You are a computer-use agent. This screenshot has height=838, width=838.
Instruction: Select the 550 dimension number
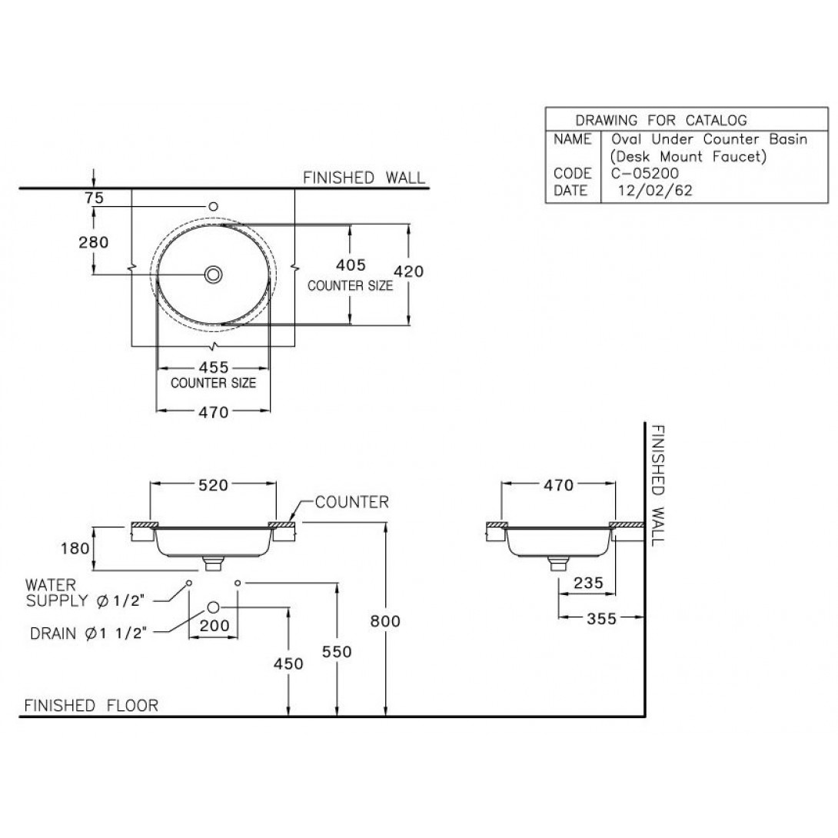(x=338, y=652)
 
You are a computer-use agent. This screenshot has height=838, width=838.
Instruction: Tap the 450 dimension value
(x=288, y=663)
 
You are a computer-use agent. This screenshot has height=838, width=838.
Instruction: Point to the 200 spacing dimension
(x=214, y=626)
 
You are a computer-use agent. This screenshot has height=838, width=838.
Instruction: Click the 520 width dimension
(x=213, y=485)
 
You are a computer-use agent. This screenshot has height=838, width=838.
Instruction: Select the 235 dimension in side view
(x=588, y=583)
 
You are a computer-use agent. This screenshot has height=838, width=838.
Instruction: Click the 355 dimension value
(x=600, y=619)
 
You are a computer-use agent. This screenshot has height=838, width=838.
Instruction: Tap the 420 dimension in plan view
(x=408, y=271)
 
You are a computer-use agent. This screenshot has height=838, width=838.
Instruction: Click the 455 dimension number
(x=213, y=367)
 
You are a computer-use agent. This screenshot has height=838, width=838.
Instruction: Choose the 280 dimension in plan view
(x=93, y=242)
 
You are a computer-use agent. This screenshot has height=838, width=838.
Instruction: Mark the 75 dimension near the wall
(x=94, y=198)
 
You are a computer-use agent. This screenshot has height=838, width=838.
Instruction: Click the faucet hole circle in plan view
(x=214, y=206)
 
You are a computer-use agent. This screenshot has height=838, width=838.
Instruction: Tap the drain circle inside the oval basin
(x=214, y=273)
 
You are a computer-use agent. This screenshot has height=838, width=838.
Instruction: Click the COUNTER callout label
(x=351, y=503)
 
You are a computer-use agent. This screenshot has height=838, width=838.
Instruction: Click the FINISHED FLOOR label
(x=91, y=705)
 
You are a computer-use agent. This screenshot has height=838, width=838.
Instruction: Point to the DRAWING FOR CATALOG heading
(x=660, y=120)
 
